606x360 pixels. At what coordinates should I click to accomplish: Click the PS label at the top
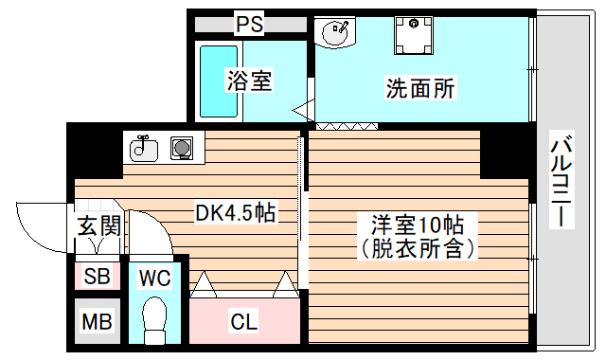tap(249, 24)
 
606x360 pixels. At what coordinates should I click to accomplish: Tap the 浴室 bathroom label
tap(249, 81)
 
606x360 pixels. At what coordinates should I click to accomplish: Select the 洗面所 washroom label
tap(420, 88)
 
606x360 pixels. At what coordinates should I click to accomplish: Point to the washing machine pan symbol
tap(413, 35)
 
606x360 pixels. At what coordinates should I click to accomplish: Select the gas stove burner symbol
tap(182, 148)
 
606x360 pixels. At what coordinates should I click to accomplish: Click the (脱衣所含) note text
tap(417, 249)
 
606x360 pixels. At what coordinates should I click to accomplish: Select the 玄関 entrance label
tap(98, 226)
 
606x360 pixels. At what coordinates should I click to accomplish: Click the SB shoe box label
tap(97, 277)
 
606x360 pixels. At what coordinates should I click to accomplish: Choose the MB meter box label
tap(97, 322)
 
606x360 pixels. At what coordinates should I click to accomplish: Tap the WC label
tap(153, 278)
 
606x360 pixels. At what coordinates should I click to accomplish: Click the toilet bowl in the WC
tap(152, 317)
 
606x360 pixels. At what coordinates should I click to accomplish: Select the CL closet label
tap(243, 322)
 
